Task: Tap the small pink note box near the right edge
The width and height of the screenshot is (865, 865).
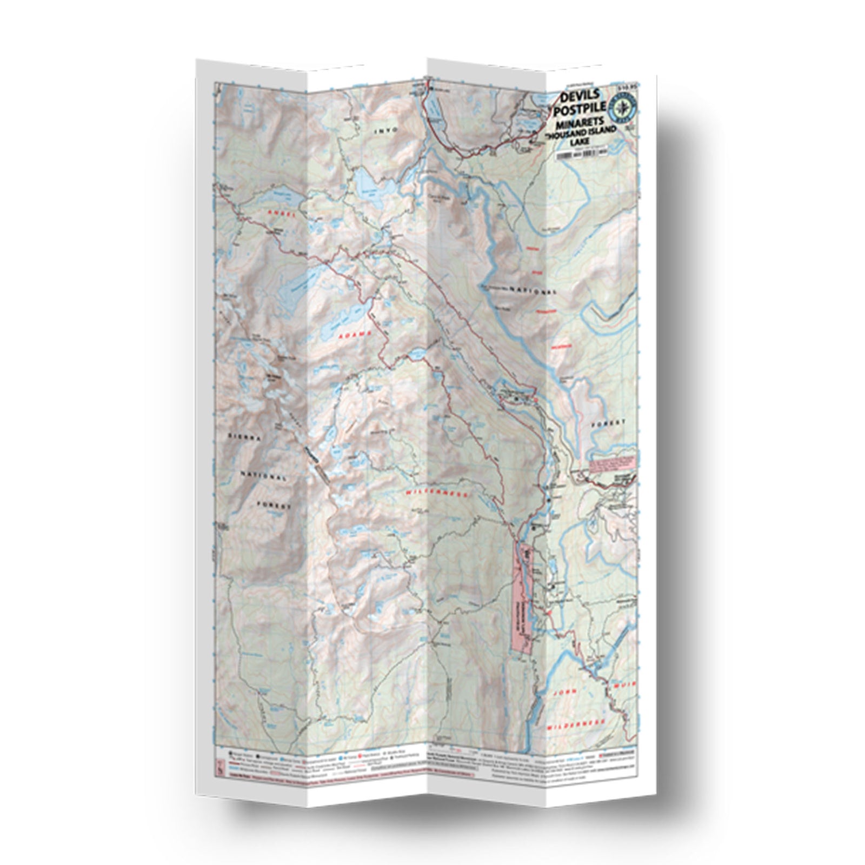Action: (614, 464)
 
